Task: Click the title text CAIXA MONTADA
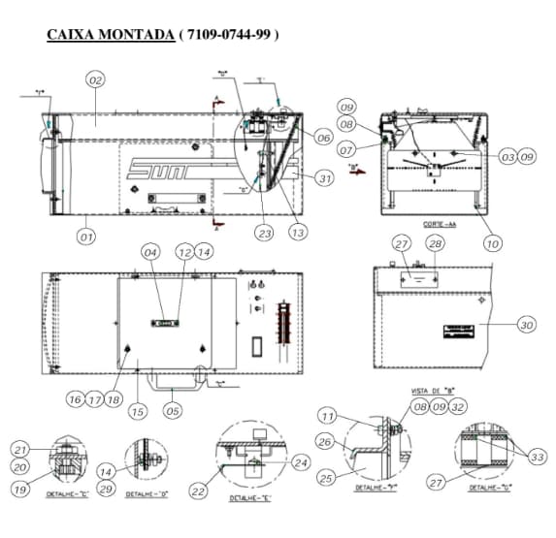(110, 35)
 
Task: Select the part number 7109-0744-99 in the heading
(228, 35)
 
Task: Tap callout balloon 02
(95, 79)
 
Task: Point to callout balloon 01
(86, 235)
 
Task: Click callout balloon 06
(324, 138)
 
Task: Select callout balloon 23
(265, 233)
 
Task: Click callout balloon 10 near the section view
(492, 243)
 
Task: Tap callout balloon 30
(526, 325)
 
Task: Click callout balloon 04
(150, 252)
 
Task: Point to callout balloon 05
(173, 410)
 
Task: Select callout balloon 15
(138, 412)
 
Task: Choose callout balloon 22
(199, 491)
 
